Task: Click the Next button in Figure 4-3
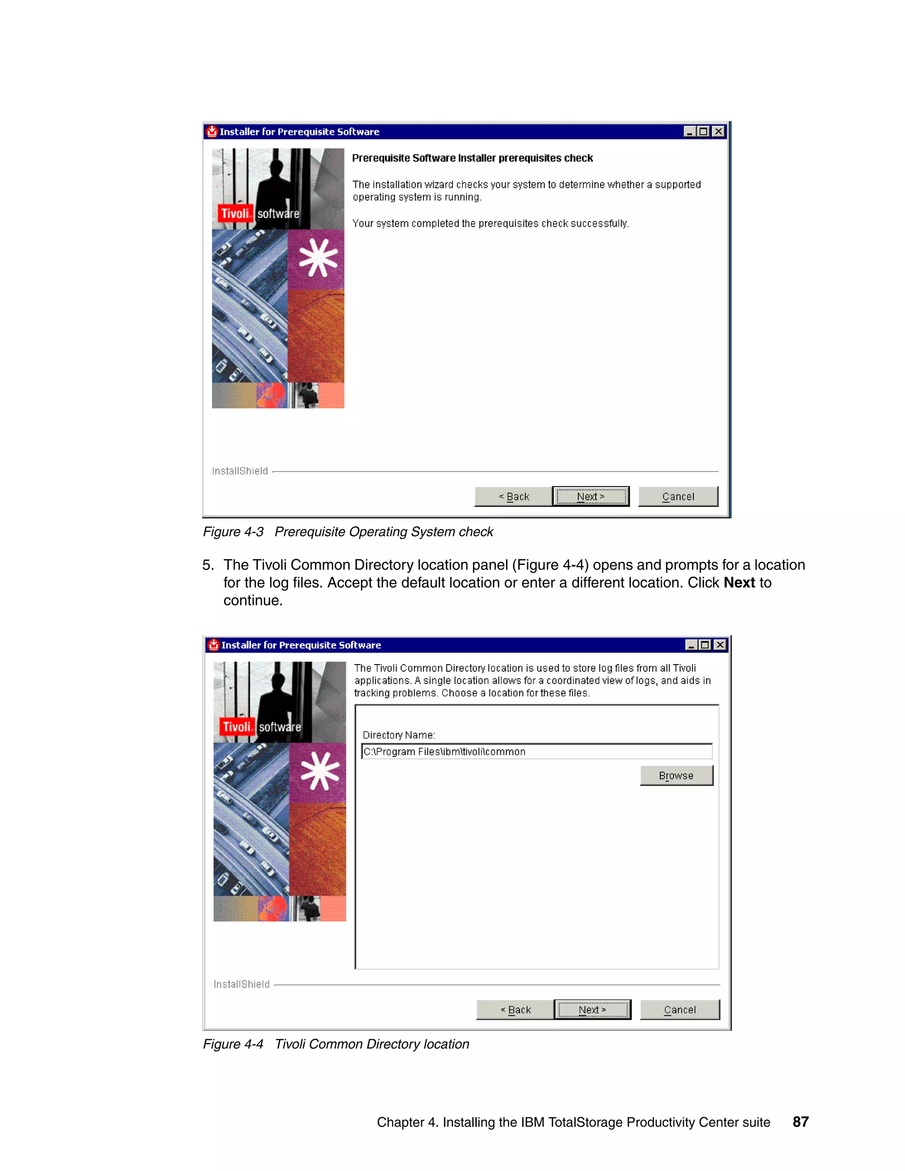tap(591, 497)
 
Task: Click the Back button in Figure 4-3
tap(513, 497)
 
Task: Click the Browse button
tap(676, 776)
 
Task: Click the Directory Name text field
tap(536, 751)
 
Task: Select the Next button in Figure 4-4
tap(593, 1010)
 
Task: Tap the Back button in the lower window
tap(515, 1010)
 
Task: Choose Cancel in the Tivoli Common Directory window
tap(679, 1010)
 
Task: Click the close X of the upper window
tap(719, 131)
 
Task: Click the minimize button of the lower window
tap(691, 645)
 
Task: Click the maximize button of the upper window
tap(704, 131)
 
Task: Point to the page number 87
tap(800, 1122)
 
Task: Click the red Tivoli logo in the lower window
tap(236, 727)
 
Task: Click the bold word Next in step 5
tap(739, 583)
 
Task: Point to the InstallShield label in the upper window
tap(240, 471)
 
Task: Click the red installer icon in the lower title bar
tap(214, 645)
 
